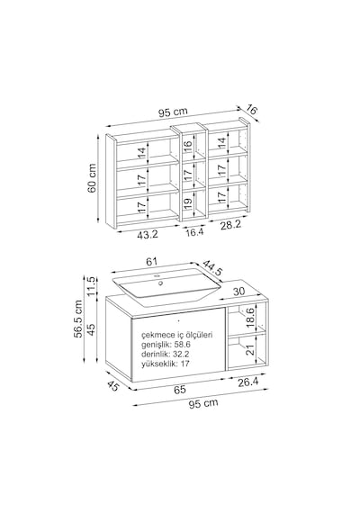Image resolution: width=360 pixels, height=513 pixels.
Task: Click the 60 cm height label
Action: [93, 178]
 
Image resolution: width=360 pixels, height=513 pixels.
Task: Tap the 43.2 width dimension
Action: [148, 234]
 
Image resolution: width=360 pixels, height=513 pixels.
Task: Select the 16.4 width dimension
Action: [194, 232]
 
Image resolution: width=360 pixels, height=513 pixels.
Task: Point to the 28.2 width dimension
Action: [230, 225]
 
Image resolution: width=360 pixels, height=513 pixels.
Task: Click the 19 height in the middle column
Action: [187, 204]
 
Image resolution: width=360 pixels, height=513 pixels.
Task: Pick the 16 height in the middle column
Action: [187, 146]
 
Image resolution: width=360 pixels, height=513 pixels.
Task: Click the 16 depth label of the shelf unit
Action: [251, 110]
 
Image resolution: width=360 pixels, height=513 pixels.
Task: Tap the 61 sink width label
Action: [151, 262]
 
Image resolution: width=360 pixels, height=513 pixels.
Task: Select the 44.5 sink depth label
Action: [212, 268]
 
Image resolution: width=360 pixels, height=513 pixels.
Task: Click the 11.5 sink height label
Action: [92, 286]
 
